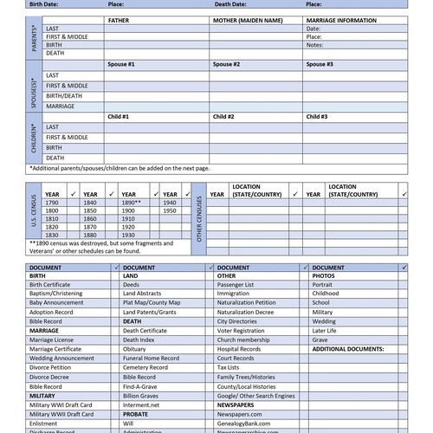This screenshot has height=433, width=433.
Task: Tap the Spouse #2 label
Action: tap(226, 64)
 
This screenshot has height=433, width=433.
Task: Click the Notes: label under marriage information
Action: tap(314, 45)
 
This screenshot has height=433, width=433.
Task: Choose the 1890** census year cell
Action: tap(132, 202)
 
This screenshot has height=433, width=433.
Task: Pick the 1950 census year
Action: tap(170, 210)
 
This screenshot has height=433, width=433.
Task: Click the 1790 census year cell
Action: tap(52, 202)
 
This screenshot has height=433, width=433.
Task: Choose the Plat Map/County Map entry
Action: tap(152, 302)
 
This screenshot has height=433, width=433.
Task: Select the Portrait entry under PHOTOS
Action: tap(322, 284)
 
